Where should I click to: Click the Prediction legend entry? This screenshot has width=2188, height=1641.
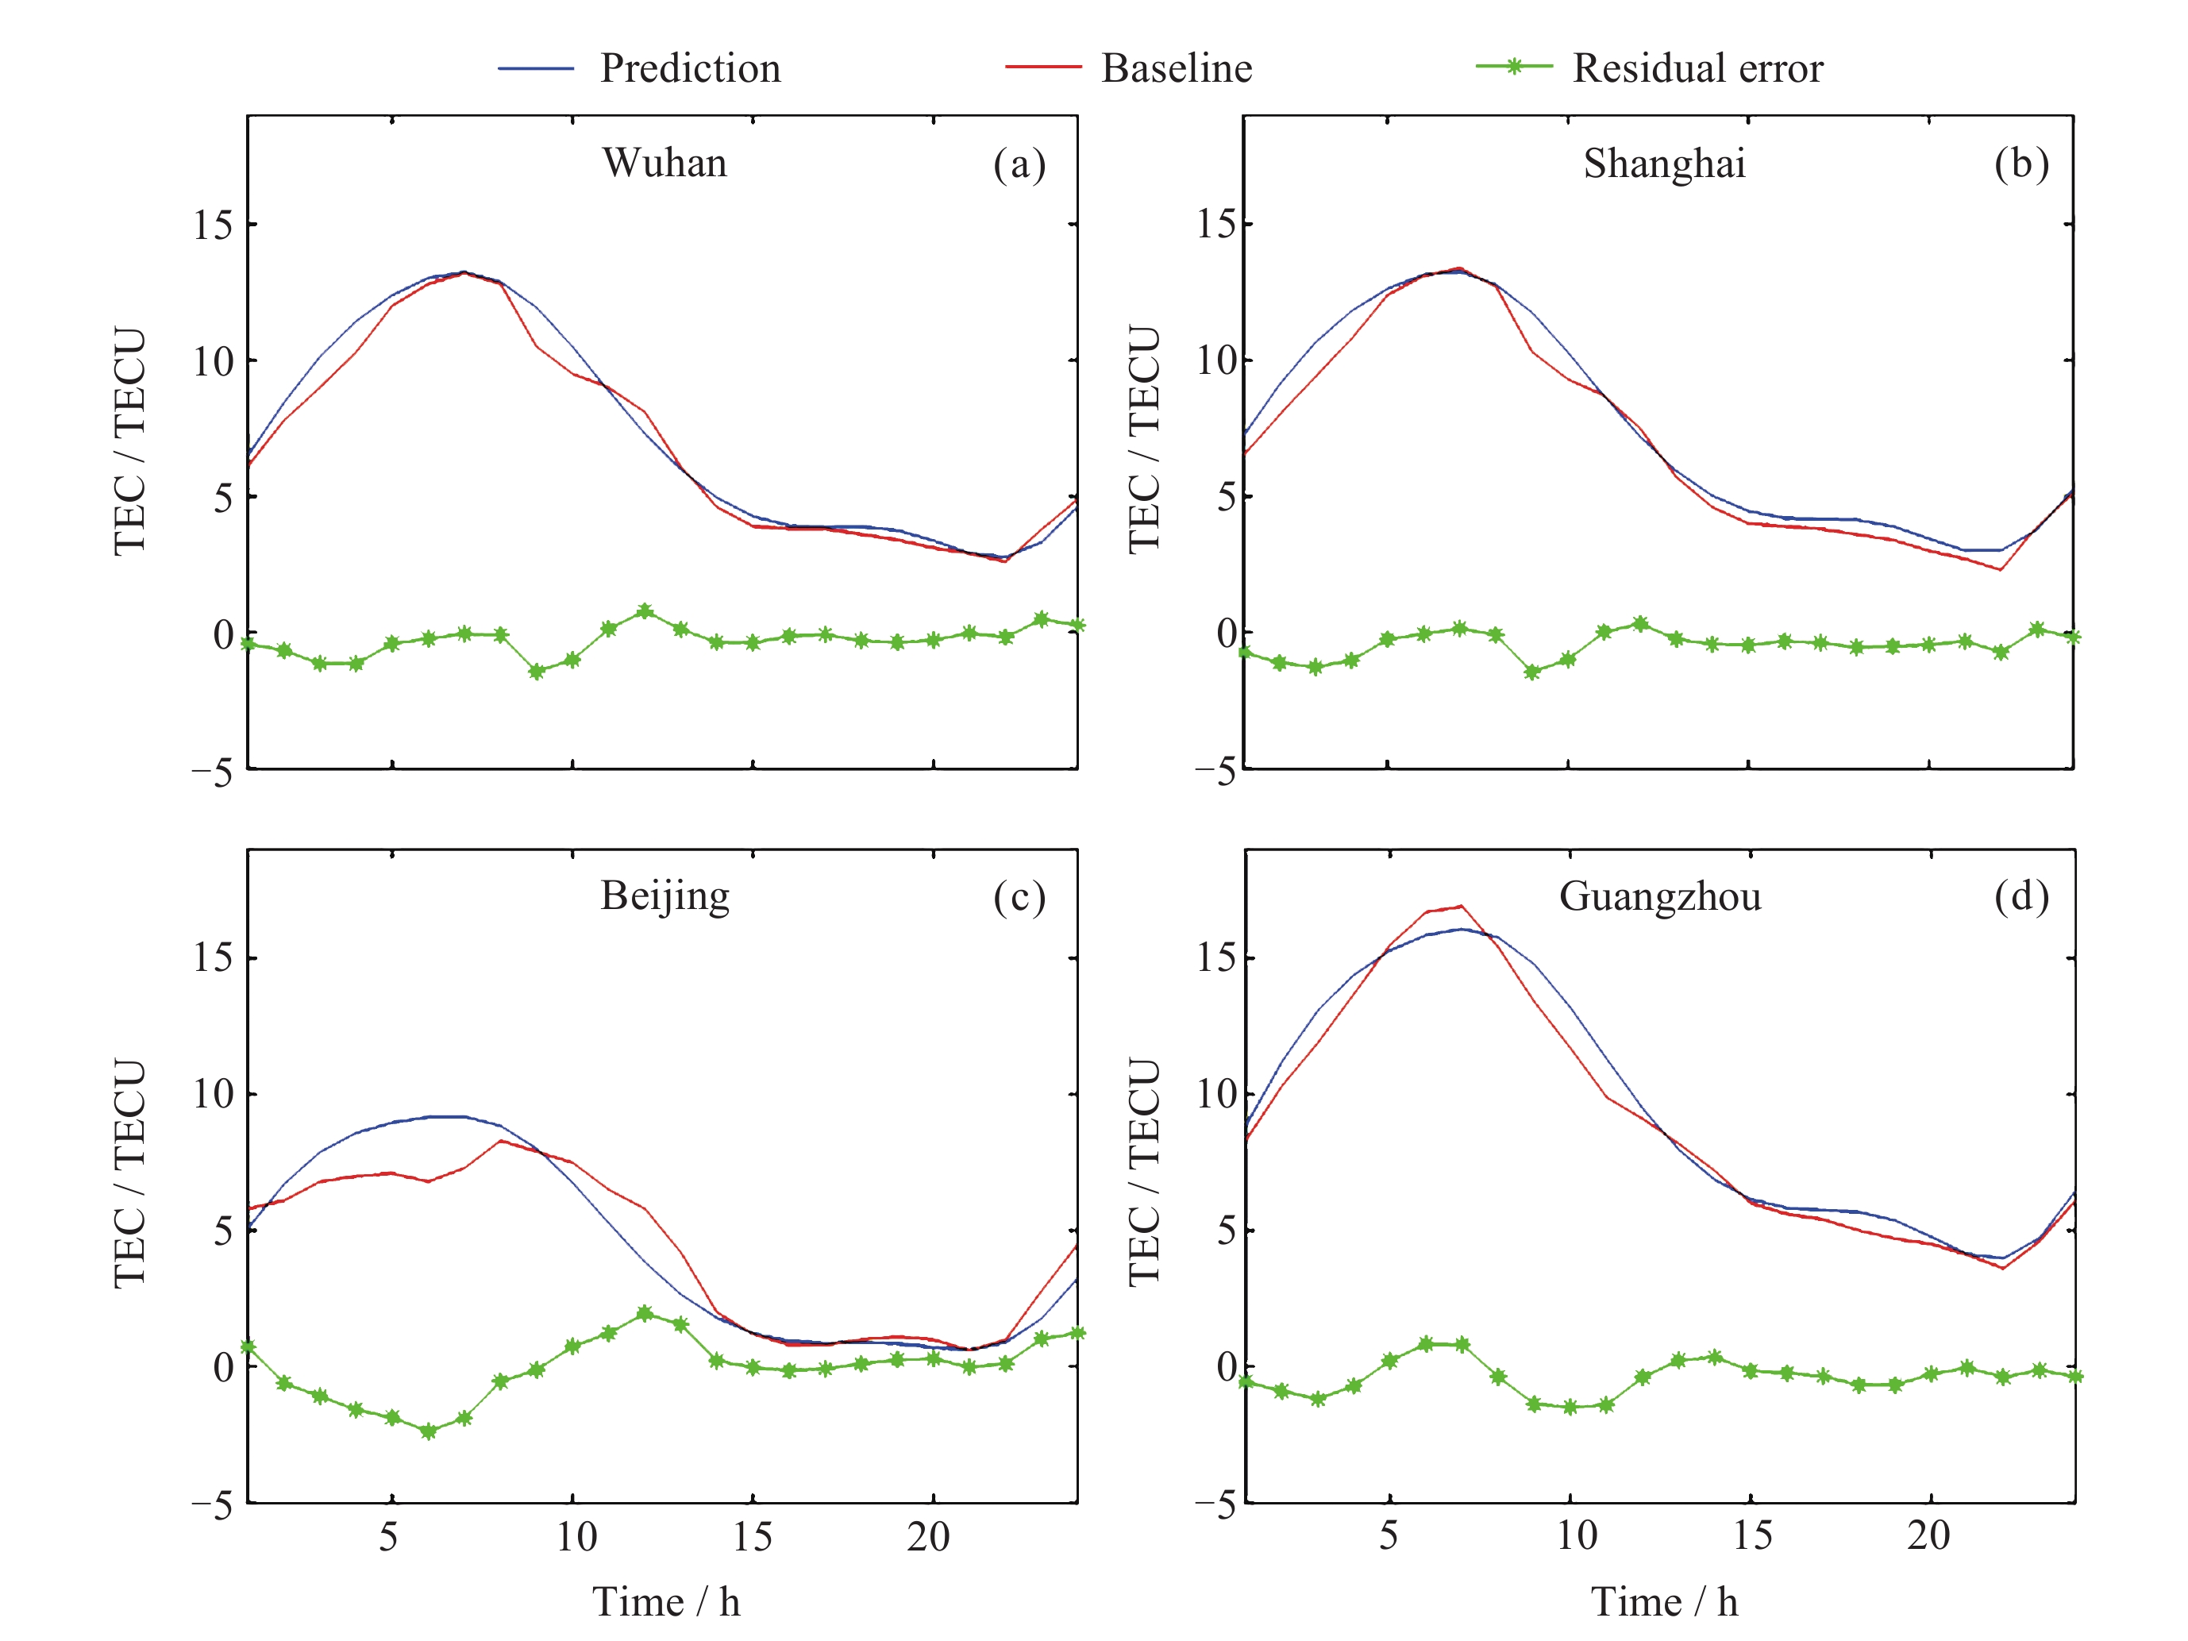689,68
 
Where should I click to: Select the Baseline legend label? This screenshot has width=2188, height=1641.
1176,68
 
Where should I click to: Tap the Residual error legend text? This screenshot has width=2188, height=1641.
1697,68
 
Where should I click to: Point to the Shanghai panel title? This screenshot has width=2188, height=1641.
1664,164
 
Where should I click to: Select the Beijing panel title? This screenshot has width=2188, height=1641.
664,896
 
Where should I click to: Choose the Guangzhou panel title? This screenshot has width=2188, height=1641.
1660,897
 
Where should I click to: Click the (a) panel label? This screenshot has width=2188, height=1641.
1019,164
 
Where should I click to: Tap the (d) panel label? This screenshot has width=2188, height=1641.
2020,897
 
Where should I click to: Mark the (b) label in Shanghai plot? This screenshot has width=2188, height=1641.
2020,164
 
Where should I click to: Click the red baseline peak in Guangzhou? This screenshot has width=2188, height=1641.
1461,906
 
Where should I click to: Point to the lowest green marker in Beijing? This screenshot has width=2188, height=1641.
428,1431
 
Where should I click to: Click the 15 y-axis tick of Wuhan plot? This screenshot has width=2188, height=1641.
213,225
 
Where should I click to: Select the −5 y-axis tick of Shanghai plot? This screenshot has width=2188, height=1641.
1215,772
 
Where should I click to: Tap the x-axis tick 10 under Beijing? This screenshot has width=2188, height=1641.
575,1537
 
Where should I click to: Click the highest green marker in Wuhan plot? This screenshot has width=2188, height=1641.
645,612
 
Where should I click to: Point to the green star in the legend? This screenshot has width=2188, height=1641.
1513,67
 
